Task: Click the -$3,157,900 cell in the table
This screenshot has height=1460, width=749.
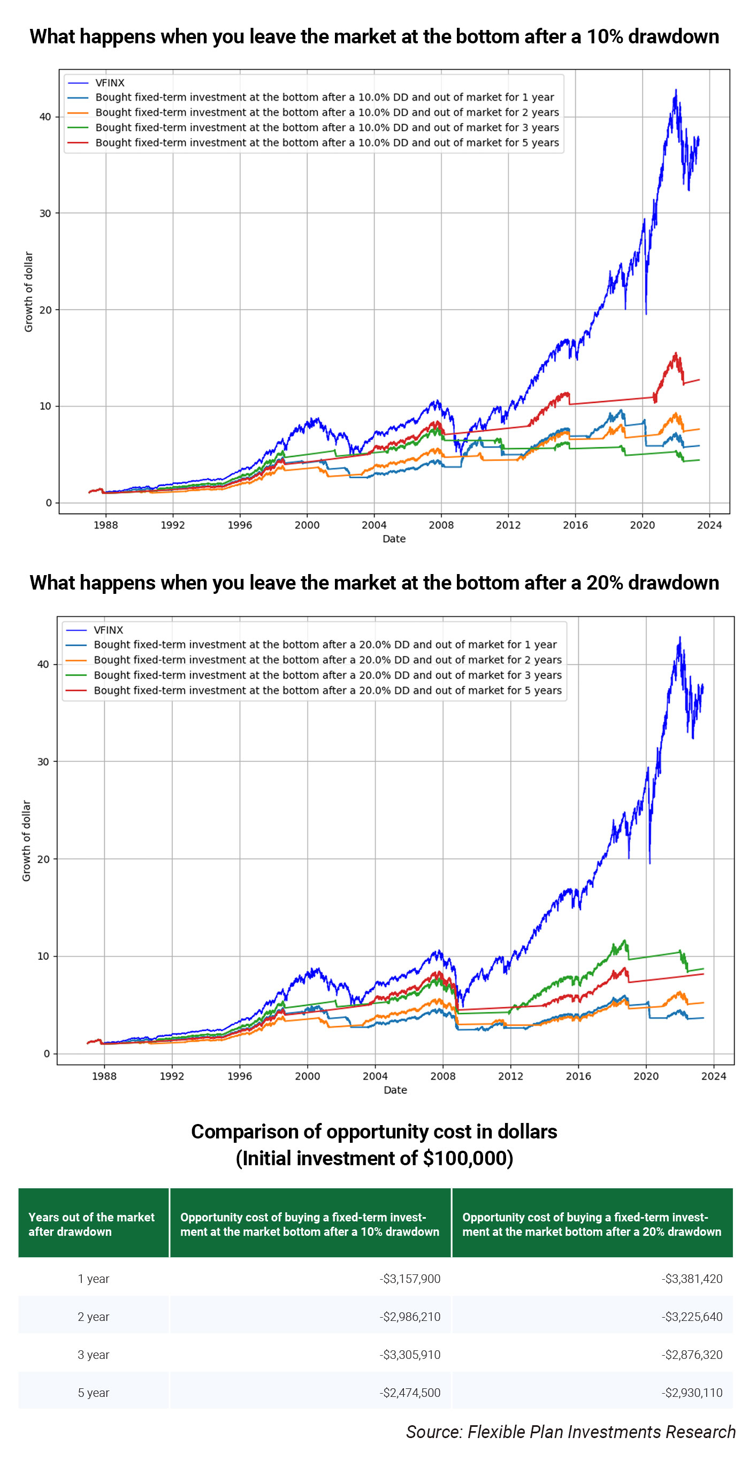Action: (410, 1278)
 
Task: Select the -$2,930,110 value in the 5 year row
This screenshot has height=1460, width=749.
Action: (692, 1392)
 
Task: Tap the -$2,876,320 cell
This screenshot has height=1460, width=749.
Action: (692, 1354)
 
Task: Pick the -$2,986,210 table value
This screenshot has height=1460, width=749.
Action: (410, 1316)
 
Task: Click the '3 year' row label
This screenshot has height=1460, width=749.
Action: (94, 1354)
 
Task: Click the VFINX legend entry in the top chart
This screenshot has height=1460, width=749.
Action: (109, 83)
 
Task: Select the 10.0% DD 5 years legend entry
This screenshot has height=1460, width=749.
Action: (327, 143)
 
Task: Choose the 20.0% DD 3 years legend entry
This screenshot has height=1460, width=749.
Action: (327, 675)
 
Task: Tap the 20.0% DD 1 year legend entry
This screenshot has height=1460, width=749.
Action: (325, 645)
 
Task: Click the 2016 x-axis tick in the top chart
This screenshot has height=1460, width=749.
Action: (575, 525)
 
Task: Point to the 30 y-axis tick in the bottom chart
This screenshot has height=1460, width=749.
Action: (43, 761)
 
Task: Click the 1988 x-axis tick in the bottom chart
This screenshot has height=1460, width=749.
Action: (104, 1076)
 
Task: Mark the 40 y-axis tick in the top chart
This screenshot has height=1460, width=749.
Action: (45, 117)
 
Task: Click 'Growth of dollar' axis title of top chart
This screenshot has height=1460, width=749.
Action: (28, 292)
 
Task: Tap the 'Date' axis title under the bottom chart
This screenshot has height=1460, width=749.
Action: (395, 1089)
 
